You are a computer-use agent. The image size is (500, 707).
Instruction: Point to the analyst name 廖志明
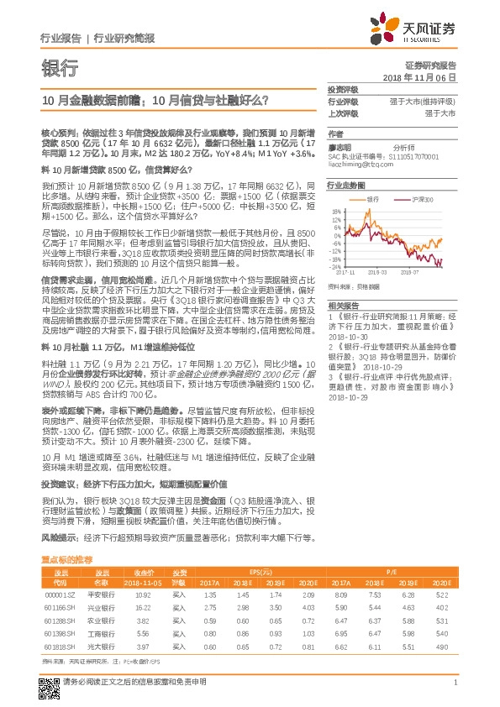pyautogui.click(x=338, y=147)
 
